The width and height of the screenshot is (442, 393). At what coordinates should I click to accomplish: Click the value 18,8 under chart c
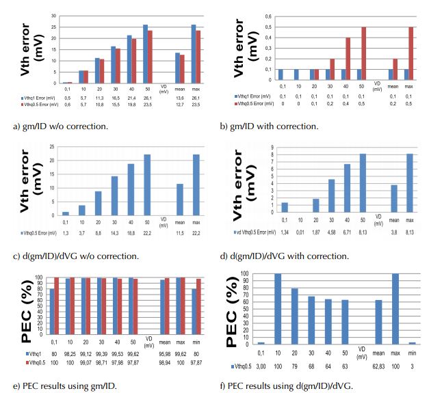(130, 232)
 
